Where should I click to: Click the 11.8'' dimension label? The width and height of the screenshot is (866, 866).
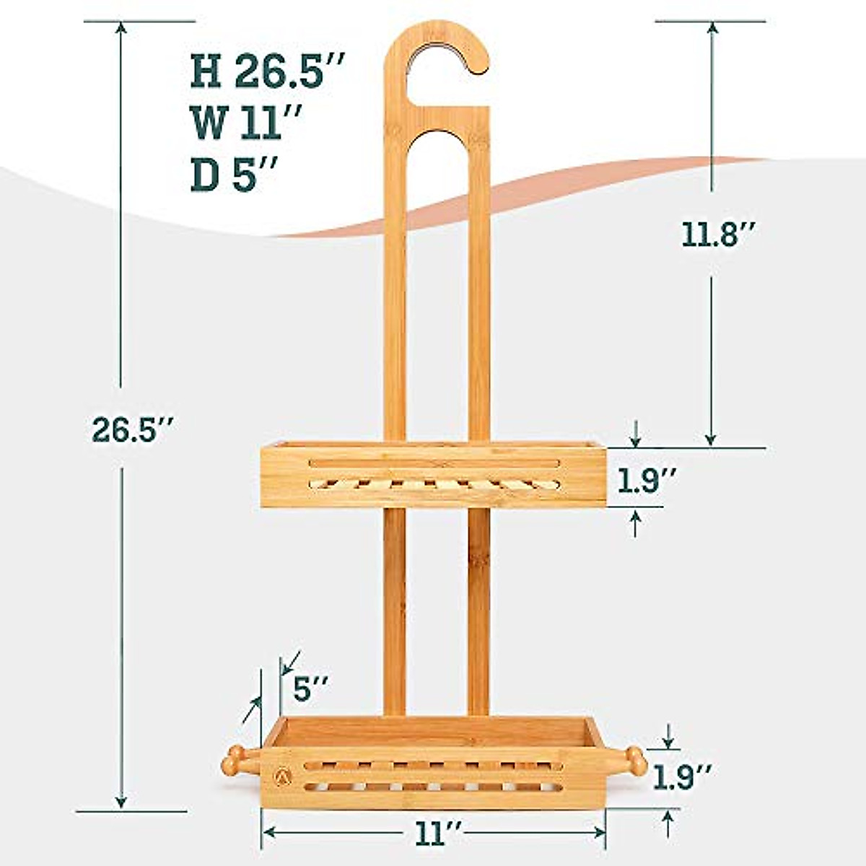[711, 235]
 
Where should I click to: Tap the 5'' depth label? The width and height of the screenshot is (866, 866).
[312, 688]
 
